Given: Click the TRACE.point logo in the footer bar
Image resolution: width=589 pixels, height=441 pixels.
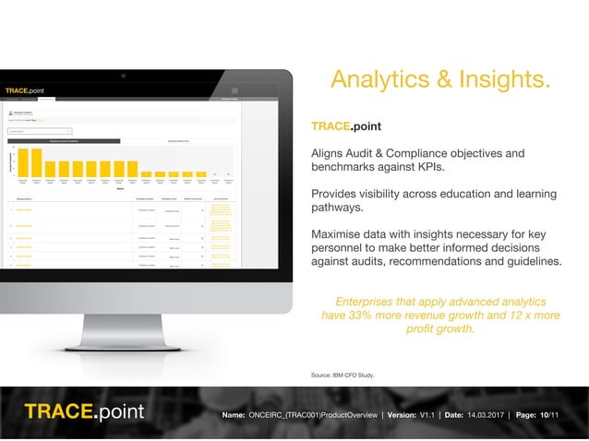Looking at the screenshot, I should pos(84,411).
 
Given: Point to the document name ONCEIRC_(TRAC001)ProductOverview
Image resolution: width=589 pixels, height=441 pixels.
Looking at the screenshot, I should pos(313,416).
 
